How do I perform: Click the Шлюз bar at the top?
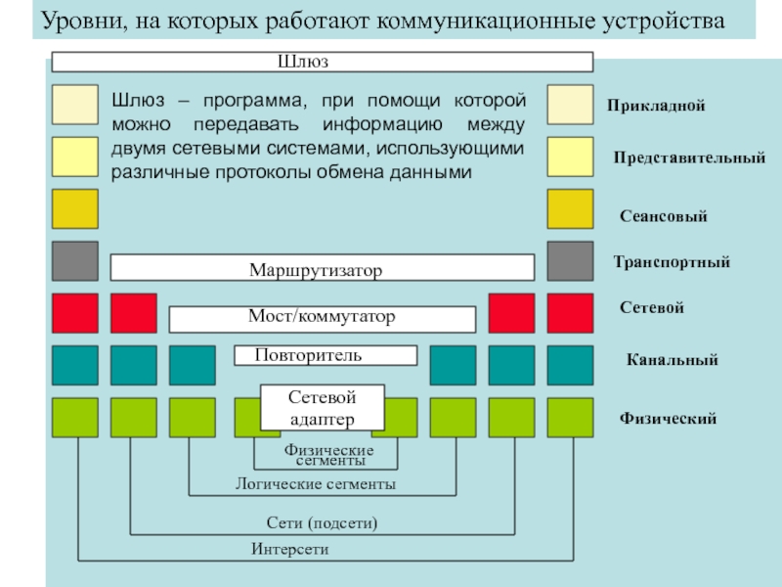[x=322, y=63]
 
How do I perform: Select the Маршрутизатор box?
[x=322, y=268]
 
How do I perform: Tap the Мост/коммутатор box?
[x=322, y=318]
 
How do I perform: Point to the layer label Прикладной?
[x=655, y=106]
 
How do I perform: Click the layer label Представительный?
[x=688, y=158]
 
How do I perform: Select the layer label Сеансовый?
[x=663, y=215]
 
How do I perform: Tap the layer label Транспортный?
[x=671, y=262]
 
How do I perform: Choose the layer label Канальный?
[x=672, y=361]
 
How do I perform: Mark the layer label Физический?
[x=668, y=419]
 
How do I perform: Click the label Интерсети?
[x=289, y=550]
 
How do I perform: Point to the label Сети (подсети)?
[x=322, y=523]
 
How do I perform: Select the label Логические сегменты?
[x=316, y=484]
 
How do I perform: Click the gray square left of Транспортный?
[x=570, y=260]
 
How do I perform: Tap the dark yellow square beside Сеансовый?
[x=570, y=208]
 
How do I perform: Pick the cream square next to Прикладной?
[x=570, y=105]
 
